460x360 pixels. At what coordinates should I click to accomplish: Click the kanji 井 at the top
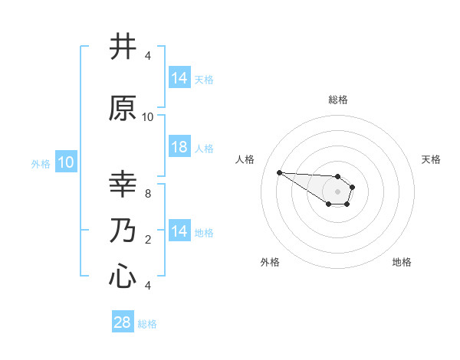(x=123, y=47)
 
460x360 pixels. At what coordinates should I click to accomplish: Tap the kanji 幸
(x=123, y=185)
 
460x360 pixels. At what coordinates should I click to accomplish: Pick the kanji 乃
(x=123, y=231)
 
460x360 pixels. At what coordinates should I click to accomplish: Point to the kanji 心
(x=123, y=277)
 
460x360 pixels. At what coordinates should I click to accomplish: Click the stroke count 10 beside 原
(x=148, y=117)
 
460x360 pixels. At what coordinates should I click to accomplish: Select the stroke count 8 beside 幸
(x=148, y=194)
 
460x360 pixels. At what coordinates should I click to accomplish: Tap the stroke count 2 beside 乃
(x=148, y=240)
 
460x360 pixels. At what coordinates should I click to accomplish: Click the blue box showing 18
(x=179, y=147)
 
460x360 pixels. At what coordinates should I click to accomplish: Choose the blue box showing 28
(x=123, y=322)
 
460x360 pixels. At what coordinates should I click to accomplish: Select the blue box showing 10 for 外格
(x=65, y=162)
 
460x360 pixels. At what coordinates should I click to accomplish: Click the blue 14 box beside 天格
(x=179, y=78)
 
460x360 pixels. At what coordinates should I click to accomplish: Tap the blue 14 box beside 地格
(x=179, y=231)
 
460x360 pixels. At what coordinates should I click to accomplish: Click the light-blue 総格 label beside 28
(x=147, y=324)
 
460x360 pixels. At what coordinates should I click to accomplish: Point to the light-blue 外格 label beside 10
(x=41, y=163)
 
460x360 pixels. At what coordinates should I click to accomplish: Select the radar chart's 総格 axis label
(x=338, y=100)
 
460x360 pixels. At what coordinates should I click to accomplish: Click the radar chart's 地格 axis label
(x=402, y=263)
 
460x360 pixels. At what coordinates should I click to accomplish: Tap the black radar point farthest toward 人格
(x=279, y=172)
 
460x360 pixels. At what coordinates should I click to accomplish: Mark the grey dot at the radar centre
(x=337, y=191)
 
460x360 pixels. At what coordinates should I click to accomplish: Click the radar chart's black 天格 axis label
(x=432, y=159)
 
